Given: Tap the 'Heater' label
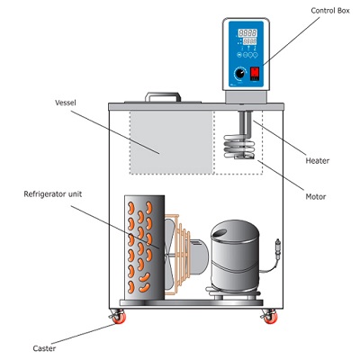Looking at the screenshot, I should click(318, 160).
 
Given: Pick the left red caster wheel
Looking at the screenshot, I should click(118, 318).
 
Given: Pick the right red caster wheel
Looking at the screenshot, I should click(267, 318).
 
